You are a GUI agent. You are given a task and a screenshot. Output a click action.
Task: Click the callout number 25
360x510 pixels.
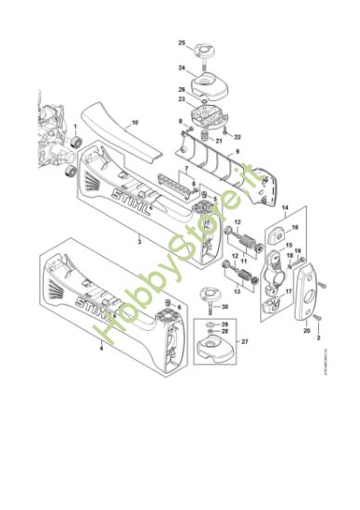click(183, 43)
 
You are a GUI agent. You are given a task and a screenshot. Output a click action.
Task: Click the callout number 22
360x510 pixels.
click(238, 138)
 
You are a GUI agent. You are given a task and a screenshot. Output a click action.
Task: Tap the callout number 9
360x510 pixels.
click(237, 151)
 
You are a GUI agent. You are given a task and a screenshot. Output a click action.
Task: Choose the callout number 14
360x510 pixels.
click(285, 209)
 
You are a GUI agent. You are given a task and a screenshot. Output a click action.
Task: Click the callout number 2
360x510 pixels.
click(318, 340)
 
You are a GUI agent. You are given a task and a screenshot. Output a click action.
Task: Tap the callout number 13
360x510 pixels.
click(238, 291)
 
